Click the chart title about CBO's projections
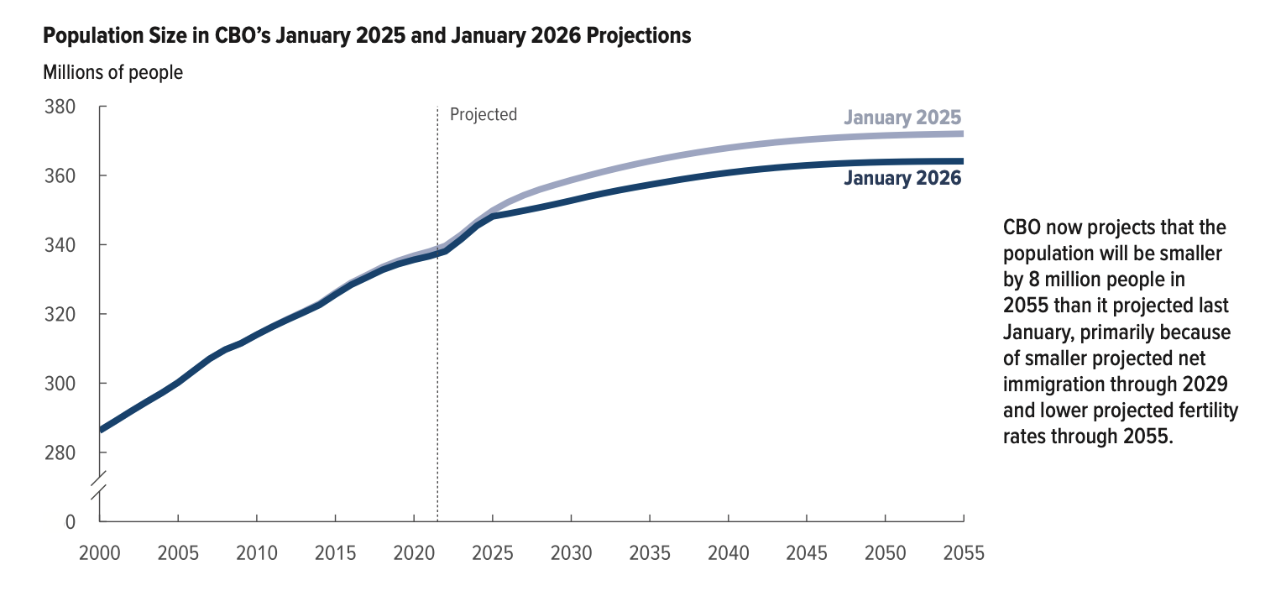click(367, 36)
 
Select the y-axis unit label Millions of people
click(112, 72)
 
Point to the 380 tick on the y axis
click(60, 107)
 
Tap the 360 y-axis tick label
click(60, 176)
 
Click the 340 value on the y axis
click(60, 245)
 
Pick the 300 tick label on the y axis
click(60, 384)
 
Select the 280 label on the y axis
click(60, 452)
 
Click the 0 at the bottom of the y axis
click(71, 521)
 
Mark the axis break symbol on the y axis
click(100, 486)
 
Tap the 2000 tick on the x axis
click(100, 554)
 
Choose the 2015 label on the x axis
click(336, 554)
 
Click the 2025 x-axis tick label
click(493, 554)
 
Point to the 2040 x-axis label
click(729, 554)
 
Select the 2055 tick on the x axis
click(963, 554)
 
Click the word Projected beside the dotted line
click(484, 114)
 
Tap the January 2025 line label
click(902, 117)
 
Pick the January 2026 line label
click(902, 178)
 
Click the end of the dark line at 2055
click(962, 161)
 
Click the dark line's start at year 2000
click(101, 429)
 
